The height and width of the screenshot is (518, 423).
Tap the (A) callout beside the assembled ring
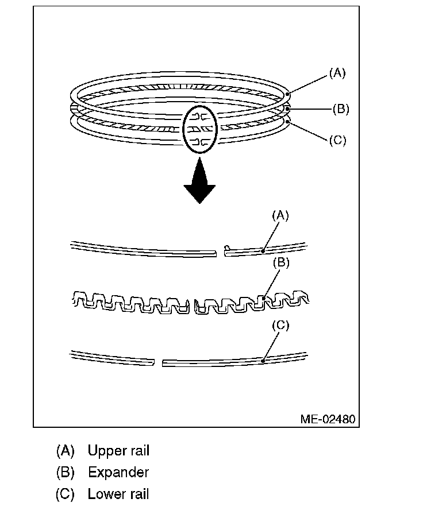coord(337,73)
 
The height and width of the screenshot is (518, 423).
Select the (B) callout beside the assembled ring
coord(340,109)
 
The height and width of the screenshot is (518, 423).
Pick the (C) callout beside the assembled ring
coord(337,140)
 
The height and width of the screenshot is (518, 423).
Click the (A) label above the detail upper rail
coord(280,215)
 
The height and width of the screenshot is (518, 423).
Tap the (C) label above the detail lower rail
coord(280,326)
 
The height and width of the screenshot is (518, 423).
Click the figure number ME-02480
coord(328,419)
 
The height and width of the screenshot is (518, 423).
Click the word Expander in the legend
coord(118,473)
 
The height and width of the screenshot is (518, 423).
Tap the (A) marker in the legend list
coord(66,451)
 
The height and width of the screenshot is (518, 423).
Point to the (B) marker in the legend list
coord(66,473)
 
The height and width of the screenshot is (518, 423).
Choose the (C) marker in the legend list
coord(66,494)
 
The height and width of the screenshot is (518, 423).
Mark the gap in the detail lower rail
coord(159,362)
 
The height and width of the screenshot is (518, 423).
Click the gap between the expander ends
coord(192,305)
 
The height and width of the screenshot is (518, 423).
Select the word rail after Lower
coord(139,494)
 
